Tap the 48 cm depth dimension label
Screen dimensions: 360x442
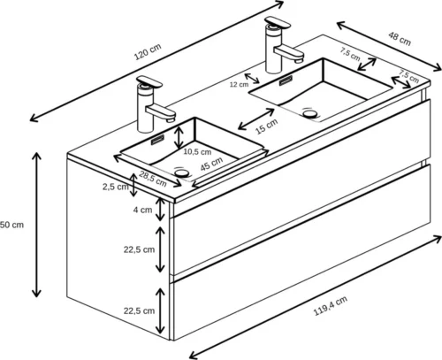400,40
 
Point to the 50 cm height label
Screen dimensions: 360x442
11,225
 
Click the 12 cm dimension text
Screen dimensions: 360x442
239,85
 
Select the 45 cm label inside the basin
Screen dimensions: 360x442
210,165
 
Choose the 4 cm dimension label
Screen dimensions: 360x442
141,211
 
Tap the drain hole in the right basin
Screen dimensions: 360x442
309,113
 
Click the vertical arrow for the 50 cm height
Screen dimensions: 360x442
36,225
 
